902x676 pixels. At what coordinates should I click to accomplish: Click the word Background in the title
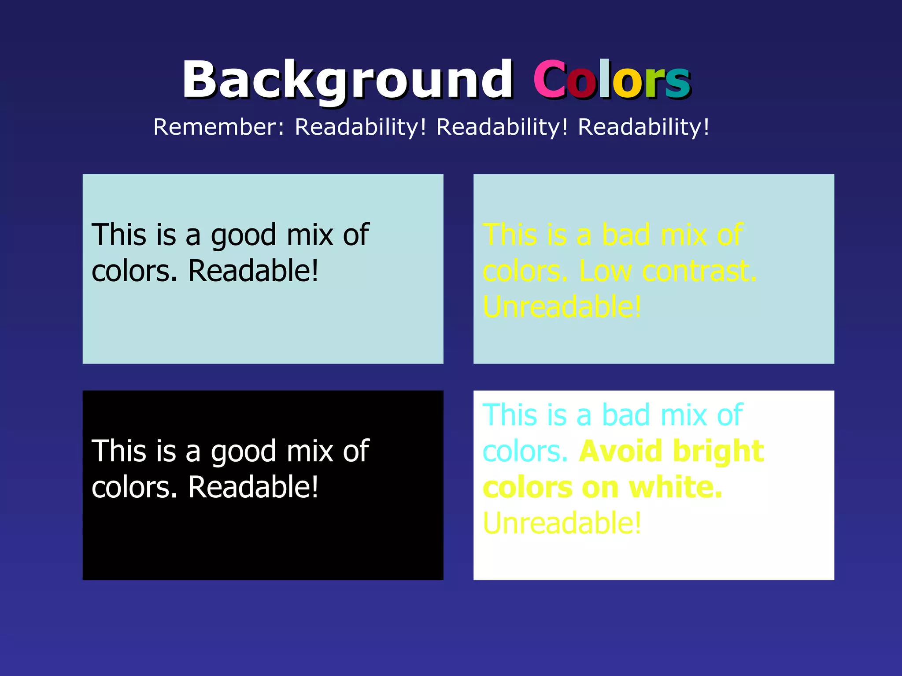(x=347, y=80)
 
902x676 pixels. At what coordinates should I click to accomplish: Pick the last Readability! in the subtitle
(x=643, y=128)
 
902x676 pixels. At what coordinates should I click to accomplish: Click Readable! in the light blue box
(x=253, y=271)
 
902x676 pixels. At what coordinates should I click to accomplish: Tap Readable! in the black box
(x=253, y=487)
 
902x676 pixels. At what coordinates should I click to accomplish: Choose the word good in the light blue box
(x=243, y=236)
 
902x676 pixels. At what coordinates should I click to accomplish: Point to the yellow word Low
(x=605, y=271)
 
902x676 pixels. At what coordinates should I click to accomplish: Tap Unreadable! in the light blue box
(x=562, y=307)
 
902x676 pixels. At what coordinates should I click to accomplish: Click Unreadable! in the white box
(x=562, y=523)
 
